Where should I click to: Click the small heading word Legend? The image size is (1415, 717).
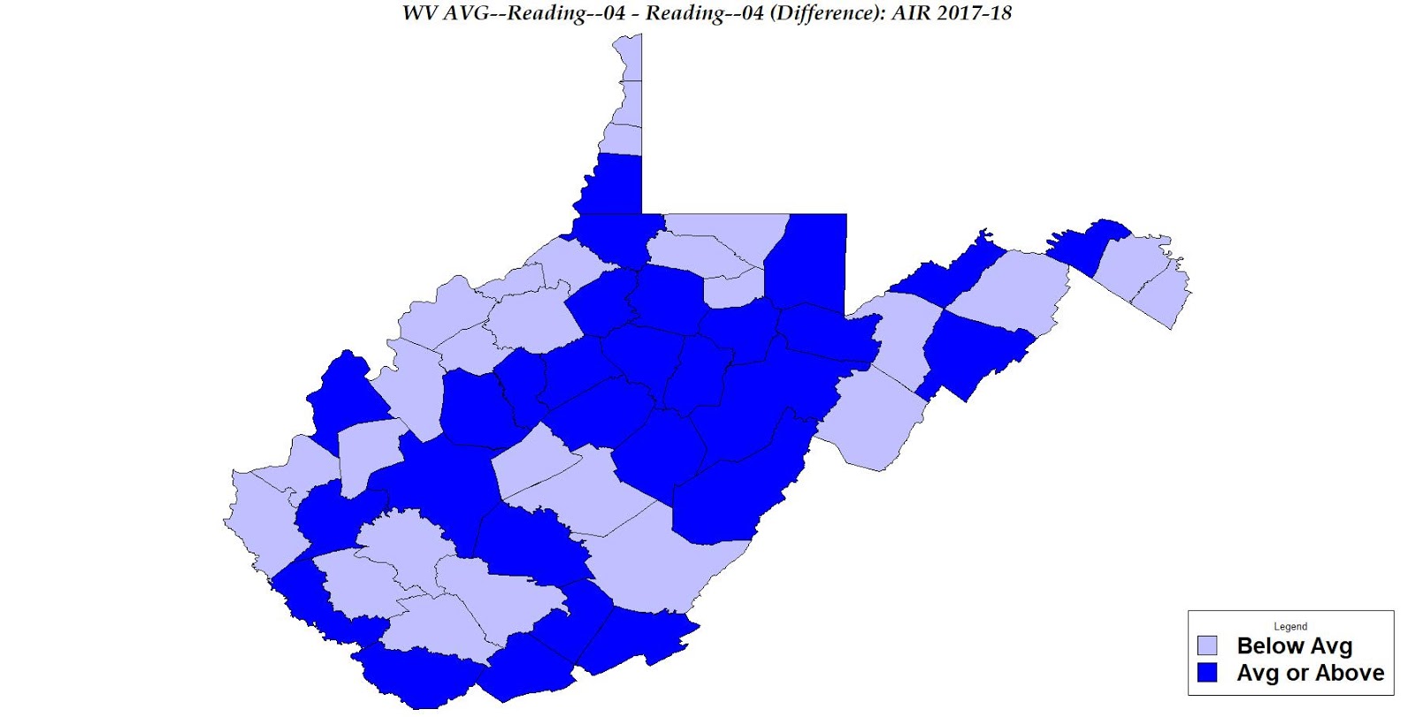point(1290,626)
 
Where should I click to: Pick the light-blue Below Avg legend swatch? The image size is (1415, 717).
point(1207,645)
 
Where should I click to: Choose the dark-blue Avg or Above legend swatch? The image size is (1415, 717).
point(1207,673)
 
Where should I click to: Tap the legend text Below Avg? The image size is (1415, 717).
point(1294,645)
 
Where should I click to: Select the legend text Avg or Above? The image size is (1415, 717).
point(1310,673)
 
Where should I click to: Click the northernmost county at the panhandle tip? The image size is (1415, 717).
point(629,57)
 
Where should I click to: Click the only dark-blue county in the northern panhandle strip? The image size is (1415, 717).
point(612,183)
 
